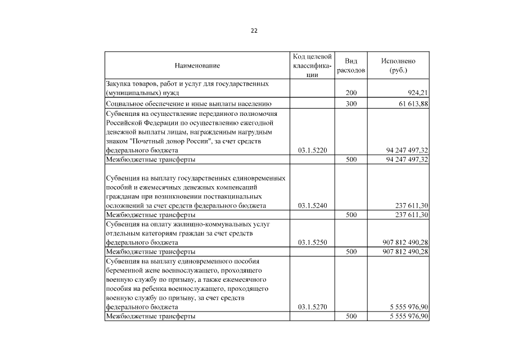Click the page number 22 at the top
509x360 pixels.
pos(254,30)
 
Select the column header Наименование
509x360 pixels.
pos(197,66)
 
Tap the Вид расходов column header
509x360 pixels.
pos(351,66)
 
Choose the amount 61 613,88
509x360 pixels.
pos(413,103)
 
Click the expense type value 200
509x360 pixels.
pos(351,93)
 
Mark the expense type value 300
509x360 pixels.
pos(351,103)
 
